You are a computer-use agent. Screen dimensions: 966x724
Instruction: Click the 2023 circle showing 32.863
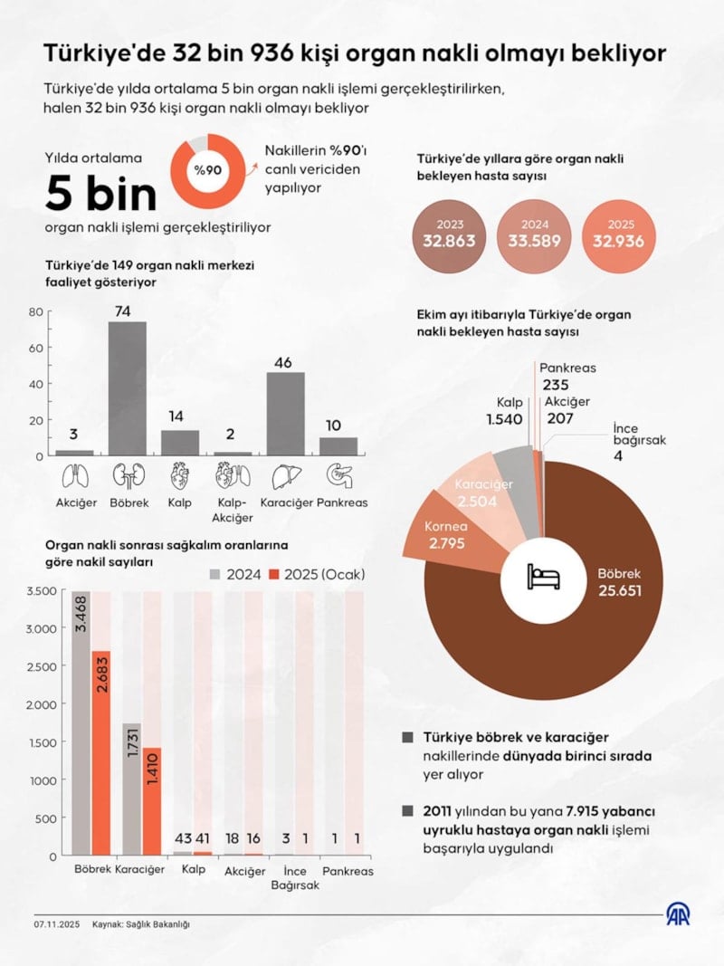tap(450, 234)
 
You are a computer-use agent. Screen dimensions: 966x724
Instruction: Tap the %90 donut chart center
tap(208, 169)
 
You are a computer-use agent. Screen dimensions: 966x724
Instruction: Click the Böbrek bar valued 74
tap(127, 388)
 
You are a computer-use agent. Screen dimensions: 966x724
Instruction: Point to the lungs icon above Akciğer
tap(74, 475)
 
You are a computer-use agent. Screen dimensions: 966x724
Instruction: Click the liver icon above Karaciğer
tap(286, 475)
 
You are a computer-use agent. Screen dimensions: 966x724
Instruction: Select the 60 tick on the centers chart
tap(35, 348)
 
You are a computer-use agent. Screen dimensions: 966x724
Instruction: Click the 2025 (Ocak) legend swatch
tap(277, 574)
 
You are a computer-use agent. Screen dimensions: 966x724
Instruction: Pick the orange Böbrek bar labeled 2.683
tap(101, 752)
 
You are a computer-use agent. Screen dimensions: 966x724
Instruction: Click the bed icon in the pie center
tap(544, 576)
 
